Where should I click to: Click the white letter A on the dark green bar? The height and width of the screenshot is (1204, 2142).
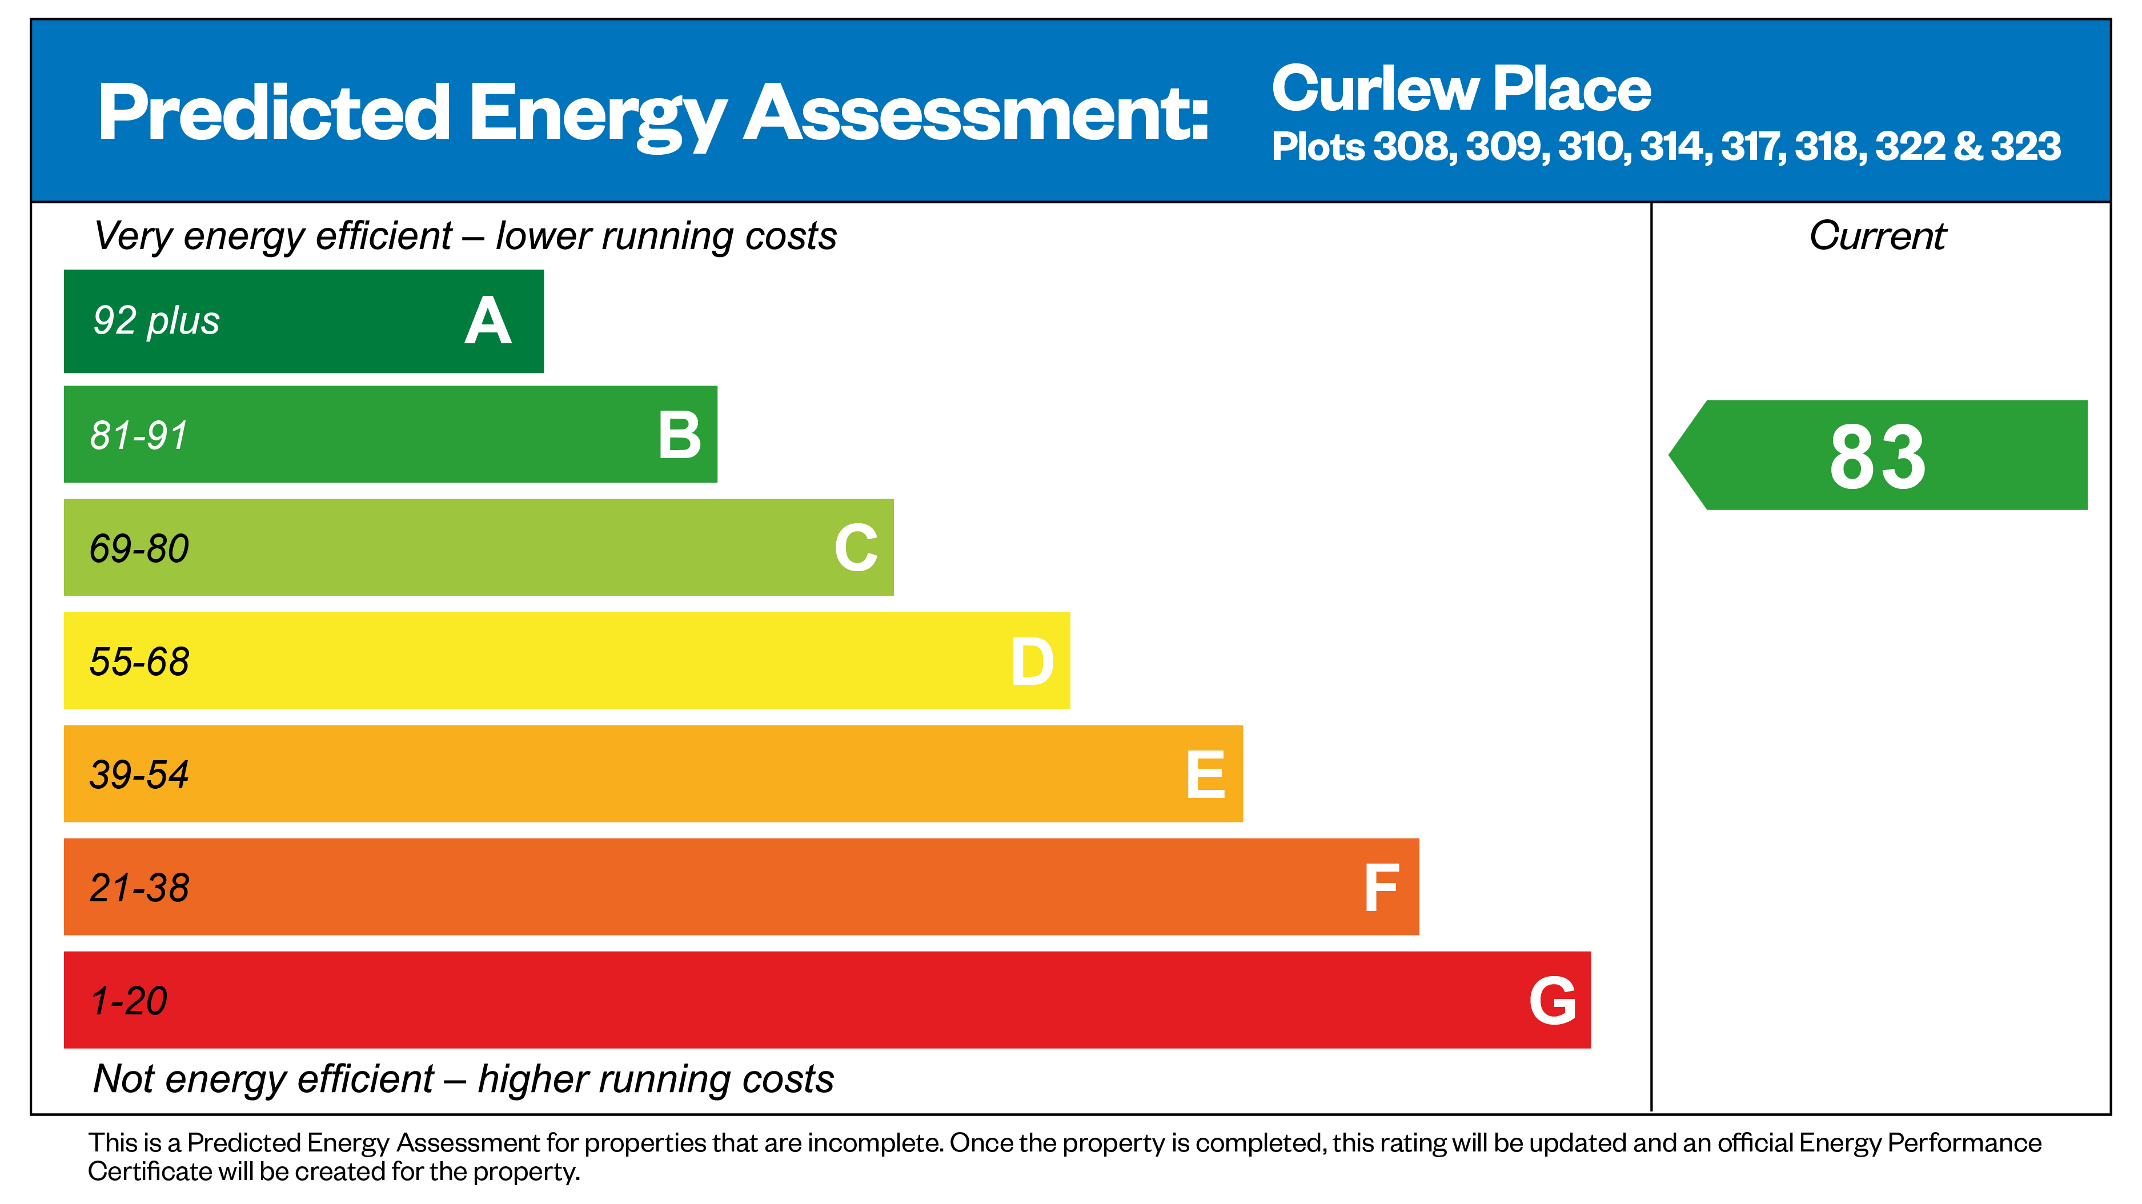click(488, 322)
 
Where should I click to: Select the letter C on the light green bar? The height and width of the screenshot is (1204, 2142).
click(856, 548)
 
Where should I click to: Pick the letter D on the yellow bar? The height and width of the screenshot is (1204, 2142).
click(1032, 662)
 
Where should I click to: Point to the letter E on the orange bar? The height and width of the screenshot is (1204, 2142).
click(1206, 775)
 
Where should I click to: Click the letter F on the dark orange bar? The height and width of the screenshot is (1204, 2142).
click(1381, 888)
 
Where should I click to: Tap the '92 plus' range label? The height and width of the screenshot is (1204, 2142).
click(157, 321)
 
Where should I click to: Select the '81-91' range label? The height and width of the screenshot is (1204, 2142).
click(139, 435)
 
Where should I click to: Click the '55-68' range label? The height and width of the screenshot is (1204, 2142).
click(139, 662)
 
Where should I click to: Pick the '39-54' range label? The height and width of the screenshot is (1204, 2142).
click(139, 775)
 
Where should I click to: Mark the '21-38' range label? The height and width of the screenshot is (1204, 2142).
click(139, 888)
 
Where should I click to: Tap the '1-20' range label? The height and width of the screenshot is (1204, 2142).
click(129, 1001)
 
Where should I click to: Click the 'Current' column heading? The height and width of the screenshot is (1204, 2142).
click(1878, 236)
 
